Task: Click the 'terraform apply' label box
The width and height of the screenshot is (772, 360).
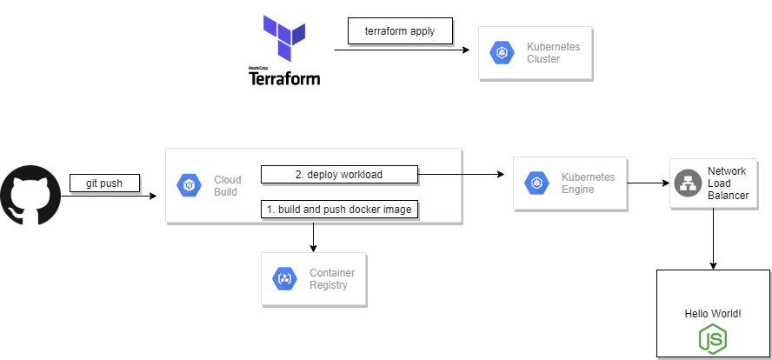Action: tap(400, 31)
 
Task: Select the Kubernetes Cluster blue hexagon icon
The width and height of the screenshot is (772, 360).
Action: tap(502, 53)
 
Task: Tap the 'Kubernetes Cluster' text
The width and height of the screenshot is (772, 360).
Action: tap(553, 52)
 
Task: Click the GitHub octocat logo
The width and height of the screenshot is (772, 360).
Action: tap(30, 197)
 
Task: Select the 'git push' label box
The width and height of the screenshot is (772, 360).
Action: tap(104, 183)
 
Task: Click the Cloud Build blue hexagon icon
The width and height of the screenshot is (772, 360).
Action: tap(190, 185)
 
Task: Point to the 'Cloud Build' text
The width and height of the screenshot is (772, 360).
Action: tap(228, 186)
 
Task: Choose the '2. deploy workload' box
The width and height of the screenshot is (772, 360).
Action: tap(339, 175)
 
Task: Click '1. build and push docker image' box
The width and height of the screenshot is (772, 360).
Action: tap(340, 209)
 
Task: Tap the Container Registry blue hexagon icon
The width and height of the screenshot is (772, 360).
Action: tap(285, 279)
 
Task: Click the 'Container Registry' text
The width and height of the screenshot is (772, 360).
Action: tap(332, 279)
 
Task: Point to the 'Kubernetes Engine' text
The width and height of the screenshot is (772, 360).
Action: tap(588, 183)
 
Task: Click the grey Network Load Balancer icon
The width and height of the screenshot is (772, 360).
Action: tap(688, 183)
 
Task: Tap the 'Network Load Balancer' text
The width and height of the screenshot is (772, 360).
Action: tap(728, 183)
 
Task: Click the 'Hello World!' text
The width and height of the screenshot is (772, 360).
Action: tap(713, 312)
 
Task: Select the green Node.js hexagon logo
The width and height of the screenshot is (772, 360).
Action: tap(713, 338)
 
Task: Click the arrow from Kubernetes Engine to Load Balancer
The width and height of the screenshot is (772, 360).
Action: tap(649, 183)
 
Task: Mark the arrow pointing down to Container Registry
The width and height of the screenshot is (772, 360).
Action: tap(313, 237)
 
